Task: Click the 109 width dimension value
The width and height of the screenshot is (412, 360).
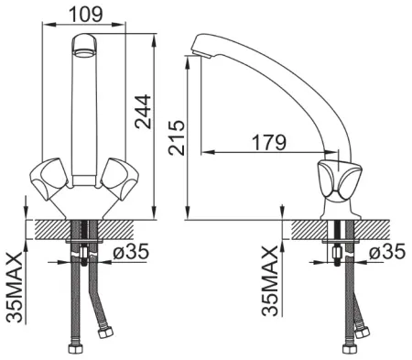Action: tap(86, 15)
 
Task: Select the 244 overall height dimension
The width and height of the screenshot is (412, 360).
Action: tap(143, 112)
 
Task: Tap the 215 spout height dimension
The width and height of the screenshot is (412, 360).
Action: tap(177, 137)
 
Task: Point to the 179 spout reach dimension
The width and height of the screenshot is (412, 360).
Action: tap(269, 142)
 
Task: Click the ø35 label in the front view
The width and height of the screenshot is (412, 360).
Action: tap(131, 252)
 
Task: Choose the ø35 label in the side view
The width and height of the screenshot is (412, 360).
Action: tap(387, 252)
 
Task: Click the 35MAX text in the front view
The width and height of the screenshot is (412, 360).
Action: tap(15, 288)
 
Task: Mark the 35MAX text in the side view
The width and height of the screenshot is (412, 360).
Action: tap(270, 281)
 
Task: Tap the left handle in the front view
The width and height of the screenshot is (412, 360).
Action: tap(49, 179)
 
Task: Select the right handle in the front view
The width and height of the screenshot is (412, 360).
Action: tap(120, 179)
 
